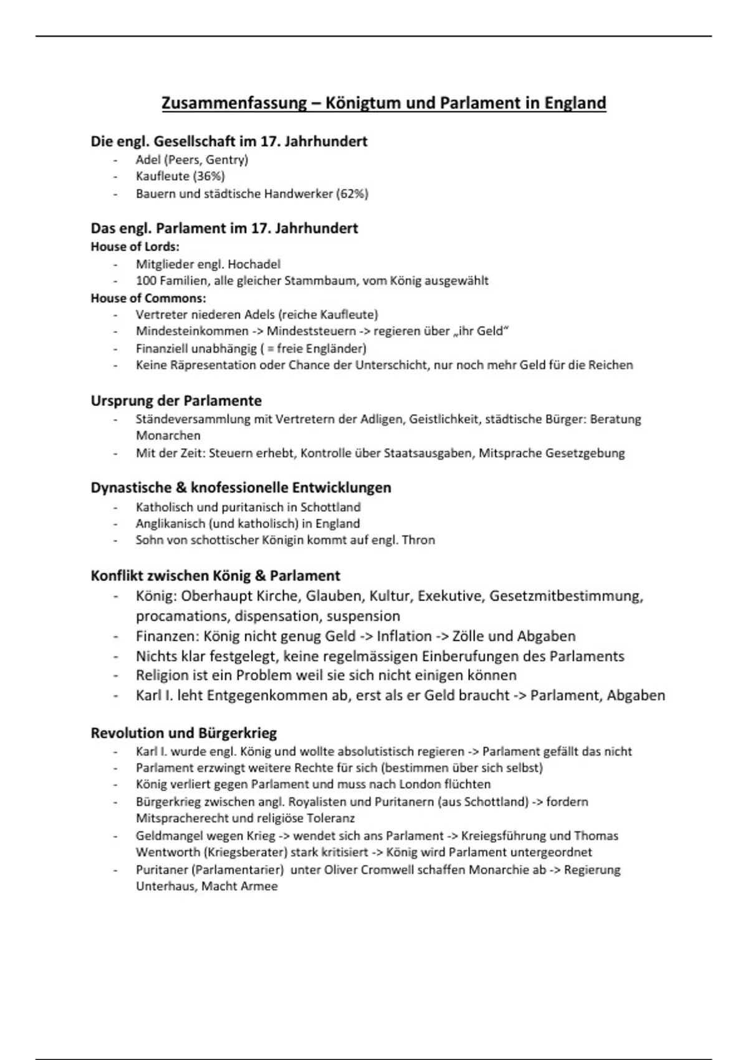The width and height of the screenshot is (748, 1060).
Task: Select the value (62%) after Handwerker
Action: pyautogui.click(x=352, y=194)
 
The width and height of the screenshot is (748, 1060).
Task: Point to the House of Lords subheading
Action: pyautogui.click(x=135, y=246)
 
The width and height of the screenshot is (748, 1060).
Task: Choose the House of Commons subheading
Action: pyautogui.click(x=148, y=298)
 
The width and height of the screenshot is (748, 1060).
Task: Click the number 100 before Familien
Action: pyautogui.click(x=146, y=281)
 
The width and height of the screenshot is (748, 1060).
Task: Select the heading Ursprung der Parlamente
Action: pyautogui.click(x=176, y=400)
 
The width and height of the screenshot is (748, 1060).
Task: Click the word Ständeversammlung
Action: pyautogui.click(x=193, y=419)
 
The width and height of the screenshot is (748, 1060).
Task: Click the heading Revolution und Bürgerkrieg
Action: pyautogui.click(x=184, y=733)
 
